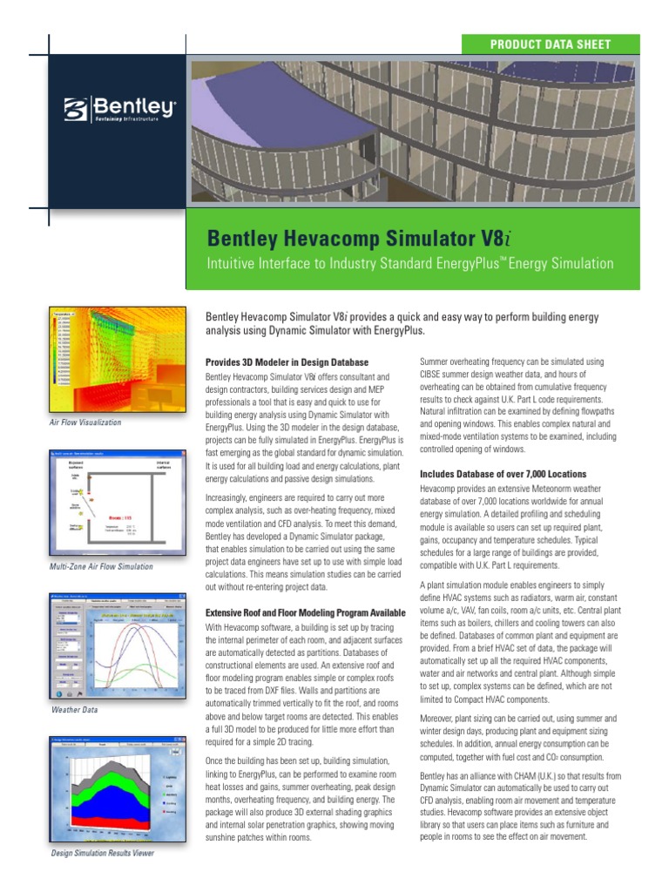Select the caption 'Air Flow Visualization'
point(85,422)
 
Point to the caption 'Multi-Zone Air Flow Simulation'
point(102,567)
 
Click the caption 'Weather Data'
point(74,710)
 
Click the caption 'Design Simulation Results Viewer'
point(103,854)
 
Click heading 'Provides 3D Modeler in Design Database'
point(287,362)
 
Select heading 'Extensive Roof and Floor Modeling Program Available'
point(305,613)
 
